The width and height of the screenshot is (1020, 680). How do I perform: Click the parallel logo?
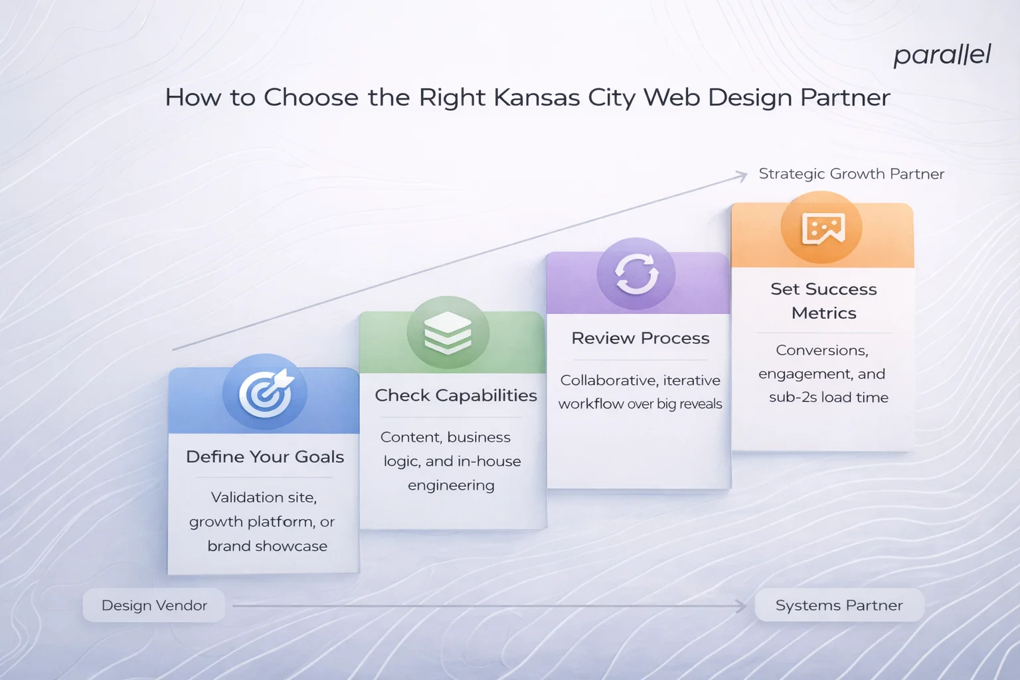pyautogui.click(x=942, y=55)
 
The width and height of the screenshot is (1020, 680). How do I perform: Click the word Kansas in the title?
pyautogui.click(x=536, y=98)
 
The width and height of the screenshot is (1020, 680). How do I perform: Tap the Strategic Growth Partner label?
pyautogui.click(x=851, y=174)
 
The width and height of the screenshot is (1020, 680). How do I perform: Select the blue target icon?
pyautogui.click(x=265, y=392)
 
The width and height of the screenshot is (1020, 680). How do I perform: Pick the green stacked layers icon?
pyautogui.click(x=448, y=333)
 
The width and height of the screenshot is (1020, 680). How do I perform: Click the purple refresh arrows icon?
pyautogui.click(x=636, y=274)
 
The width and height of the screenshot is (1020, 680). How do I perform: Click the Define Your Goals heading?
pyautogui.click(x=265, y=457)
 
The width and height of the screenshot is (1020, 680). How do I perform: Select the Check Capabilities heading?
pyautogui.click(x=456, y=396)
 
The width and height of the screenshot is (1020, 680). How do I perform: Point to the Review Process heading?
pyautogui.click(x=640, y=339)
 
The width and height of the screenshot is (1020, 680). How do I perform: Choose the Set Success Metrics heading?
pyautogui.click(x=823, y=301)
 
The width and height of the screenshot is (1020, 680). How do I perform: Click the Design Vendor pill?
pyautogui.click(x=154, y=606)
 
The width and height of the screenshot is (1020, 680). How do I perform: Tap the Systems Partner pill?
pyautogui.click(x=839, y=606)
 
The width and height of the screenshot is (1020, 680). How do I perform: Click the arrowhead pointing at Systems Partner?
pyautogui.click(x=742, y=606)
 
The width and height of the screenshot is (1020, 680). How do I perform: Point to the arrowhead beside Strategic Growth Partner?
pyautogui.click(x=742, y=176)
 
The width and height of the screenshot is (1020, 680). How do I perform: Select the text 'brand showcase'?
pyautogui.click(x=267, y=547)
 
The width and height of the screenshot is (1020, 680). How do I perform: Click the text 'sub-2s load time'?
pyautogui.click(x=828, y=398)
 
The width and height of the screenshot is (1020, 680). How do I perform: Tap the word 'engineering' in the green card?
pyautogui.click(x=451, y=485)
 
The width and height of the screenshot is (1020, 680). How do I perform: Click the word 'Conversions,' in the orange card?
pyautogui.click(x=822, y=351)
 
